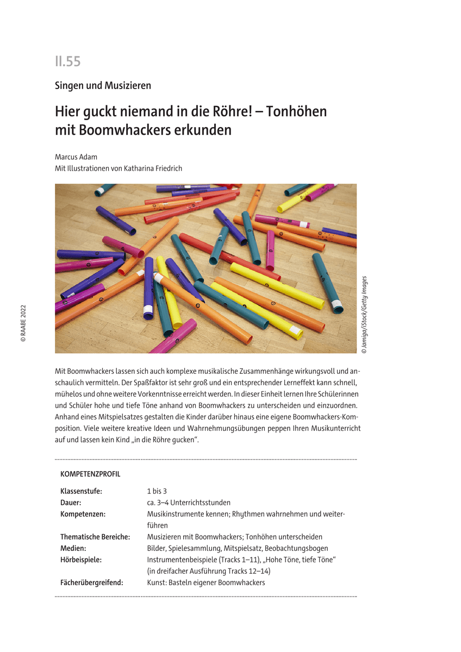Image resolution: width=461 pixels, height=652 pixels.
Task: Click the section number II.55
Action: click(x=67, y=62)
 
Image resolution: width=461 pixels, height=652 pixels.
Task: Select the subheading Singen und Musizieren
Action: click(x=103, y=85)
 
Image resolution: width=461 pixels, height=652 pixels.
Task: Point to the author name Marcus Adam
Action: click(x=76, y=157)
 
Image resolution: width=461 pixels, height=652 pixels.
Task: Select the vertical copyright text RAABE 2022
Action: click(x=23, y=323)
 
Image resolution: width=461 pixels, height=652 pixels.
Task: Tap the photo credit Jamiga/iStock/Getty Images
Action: click(x=364, y=315)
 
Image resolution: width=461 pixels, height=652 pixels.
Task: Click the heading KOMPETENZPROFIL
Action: click(x=90, y=474)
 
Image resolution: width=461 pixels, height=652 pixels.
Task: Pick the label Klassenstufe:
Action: click(x=82, y=491)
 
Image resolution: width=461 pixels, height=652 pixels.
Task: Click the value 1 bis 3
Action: click(x=157, y=491)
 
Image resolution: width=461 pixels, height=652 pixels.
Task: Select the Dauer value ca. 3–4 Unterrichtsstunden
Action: click(x=189, y=503)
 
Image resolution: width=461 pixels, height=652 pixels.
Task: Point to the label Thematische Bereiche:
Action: click(x=95, y=537)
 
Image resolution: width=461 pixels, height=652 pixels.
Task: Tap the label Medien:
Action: click(x=73, y=548)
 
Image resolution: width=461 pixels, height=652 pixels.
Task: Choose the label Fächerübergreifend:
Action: click(x=92, y=582)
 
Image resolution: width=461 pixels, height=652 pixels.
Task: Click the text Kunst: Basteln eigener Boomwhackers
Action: click(x=205, y=582)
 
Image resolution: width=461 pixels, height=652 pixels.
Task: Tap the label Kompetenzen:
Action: click(x=83, y=514)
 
